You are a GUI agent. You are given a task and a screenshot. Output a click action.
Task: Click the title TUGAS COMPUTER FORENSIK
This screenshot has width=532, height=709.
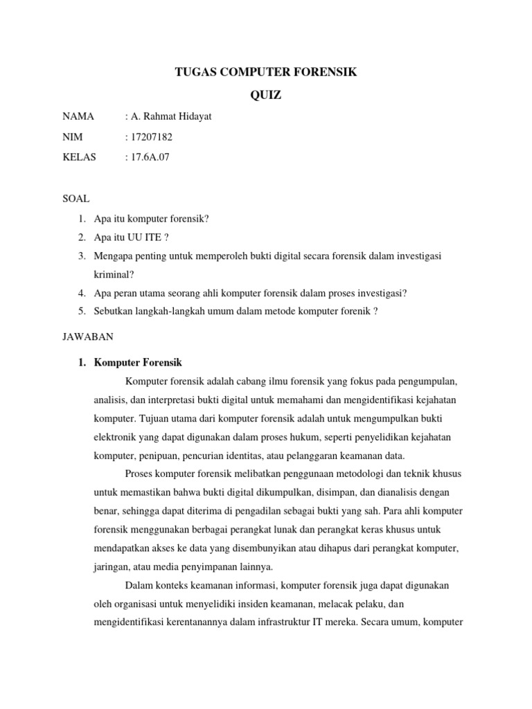pyautogui.click(x=265, y=71)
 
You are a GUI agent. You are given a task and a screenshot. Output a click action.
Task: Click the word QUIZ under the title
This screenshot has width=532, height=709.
pyautogui.click(x=265, y=96)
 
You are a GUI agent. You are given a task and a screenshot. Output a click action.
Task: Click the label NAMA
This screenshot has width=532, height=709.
pyautogui.click(x=78, y=116)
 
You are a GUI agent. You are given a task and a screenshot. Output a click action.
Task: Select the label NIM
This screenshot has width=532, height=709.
pyautogui.click(x=72, y=137)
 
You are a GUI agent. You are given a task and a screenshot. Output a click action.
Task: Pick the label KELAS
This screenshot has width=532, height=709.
pyautogui.click(x=80, y=157)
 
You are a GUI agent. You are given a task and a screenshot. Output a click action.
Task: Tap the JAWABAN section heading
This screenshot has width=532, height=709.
pyautogui.click(x=85, y=336)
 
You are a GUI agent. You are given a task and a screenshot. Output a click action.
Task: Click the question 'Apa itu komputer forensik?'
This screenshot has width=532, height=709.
pyautogui.click(x=152, y=219)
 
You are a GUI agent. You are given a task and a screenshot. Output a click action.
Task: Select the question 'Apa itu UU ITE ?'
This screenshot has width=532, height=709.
pyautogui.click(x=130, y=237)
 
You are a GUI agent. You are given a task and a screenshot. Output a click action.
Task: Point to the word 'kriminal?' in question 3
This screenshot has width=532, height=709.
pyautogui.click(x=114, y=275)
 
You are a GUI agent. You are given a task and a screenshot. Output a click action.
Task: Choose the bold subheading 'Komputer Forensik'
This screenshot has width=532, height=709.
pyautogui.click(x=138, y=362)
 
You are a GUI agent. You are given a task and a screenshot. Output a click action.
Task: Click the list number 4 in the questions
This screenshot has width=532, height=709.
pyautogui.click(x=82, y=293)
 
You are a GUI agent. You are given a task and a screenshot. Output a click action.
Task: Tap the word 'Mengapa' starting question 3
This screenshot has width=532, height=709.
pyautogui.click(x=114, y=256)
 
